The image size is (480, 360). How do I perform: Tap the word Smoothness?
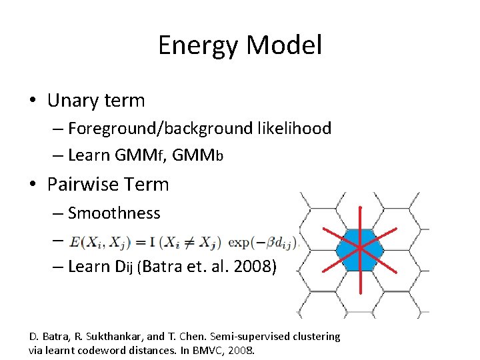tap(114, 213)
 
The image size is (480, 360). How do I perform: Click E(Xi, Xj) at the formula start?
tap(93, 241)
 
